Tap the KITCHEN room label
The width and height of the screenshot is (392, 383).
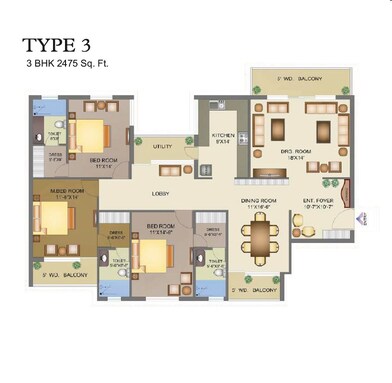pos(222,139)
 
